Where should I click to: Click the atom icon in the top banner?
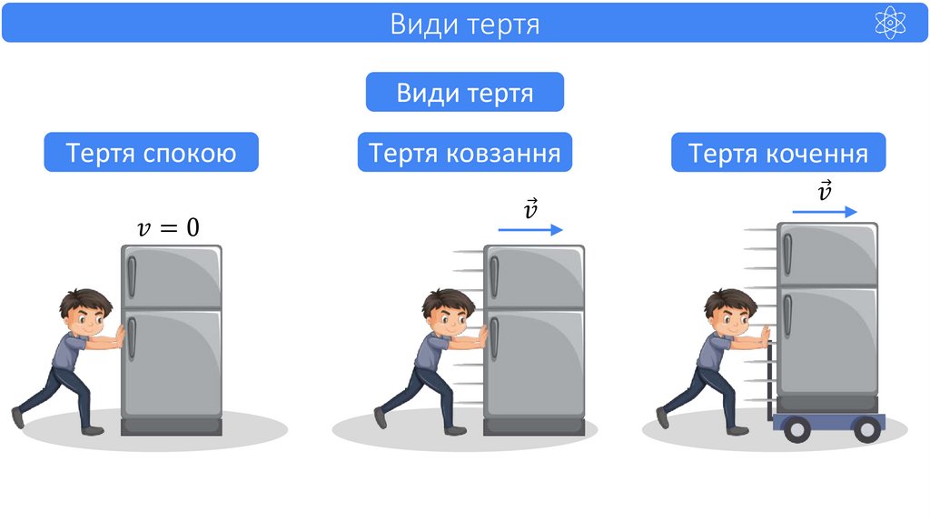pyautogui.click(x=890, y=23)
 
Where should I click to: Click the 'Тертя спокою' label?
pyautogui.click(x=151, y=153)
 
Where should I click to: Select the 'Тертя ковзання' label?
pyautogui.click(x=464, y=153)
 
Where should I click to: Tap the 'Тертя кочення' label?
pyautogui.click(x=778, y=153)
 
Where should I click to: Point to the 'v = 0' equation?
pyautogui.click(x=167, y=227)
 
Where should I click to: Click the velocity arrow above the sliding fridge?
pyautogui.click(x=530, y=231)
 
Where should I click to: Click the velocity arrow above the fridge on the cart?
pyautogui.click(x=824, y=212)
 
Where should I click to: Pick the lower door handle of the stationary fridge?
pyautogui.click(x=131, y=337)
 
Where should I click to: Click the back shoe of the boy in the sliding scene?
pyautogui.click(x=380, y=417)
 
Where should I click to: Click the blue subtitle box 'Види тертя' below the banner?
pyautogui.click(x=464, y=93)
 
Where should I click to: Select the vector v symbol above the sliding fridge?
pyautogui.click(x=530, y=210)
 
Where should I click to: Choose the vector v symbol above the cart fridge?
pyautogui.click(x=824, y=191)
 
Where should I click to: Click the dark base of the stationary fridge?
pyautogui.click(x=172, y=426)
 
